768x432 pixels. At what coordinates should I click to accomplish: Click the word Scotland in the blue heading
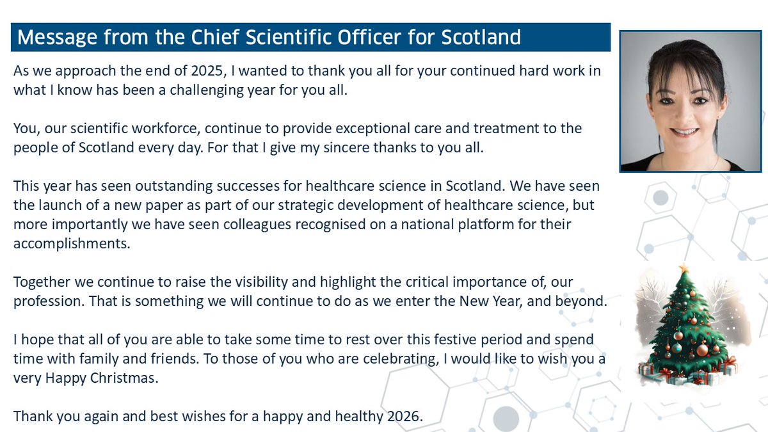coord(481,37)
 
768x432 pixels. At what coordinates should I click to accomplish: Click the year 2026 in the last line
coord(404,415)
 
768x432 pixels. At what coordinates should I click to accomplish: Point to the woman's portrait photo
coord(681,101)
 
